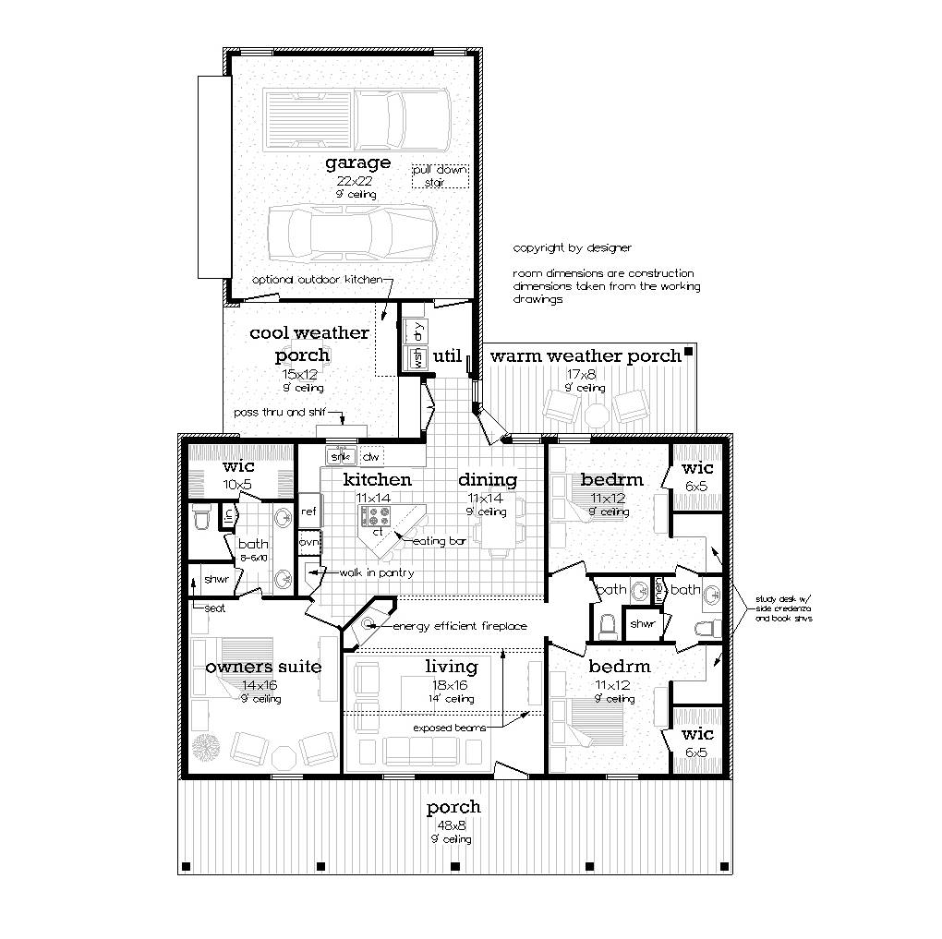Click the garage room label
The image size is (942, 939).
[x=357, y=163]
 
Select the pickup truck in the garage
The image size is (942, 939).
[x=356, y=119]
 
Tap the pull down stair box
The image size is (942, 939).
[x=441, y=176]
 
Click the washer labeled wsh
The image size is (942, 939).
[x=417, y=357]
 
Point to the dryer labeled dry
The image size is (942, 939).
[x=417, y=331]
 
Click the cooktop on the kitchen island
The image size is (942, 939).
[x=378, y=516]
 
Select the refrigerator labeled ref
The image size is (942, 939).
[x=308, y=511]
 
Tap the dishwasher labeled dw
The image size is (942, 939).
[x=371, y=457]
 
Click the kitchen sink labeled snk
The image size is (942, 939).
[x=341, y=457]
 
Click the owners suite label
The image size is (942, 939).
[x=263, y=667]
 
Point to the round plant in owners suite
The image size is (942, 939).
[x=208, y=746]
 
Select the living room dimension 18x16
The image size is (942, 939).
[x=451, y=685]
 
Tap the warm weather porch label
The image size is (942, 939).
[x=585, y=356]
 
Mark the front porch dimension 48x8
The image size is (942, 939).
[x=453, y=825]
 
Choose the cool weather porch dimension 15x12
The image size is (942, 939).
[x=302, y=375]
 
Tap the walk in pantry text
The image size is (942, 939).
[x=376, y=573]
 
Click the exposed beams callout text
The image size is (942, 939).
[x=449, y=728]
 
